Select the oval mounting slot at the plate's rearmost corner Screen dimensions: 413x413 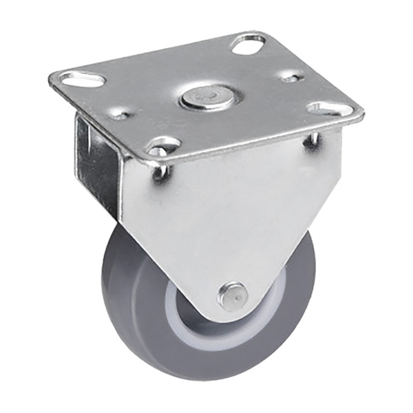click(248, 44)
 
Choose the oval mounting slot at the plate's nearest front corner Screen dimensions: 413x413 click(162, 146)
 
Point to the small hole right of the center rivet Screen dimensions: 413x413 click(292, 78)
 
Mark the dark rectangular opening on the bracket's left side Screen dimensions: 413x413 click(96, 165)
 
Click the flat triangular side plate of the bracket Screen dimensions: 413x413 click(227, 213)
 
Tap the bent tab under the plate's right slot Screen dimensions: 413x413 click(313, 141)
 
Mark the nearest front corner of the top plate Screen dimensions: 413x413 click(156, 162)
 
